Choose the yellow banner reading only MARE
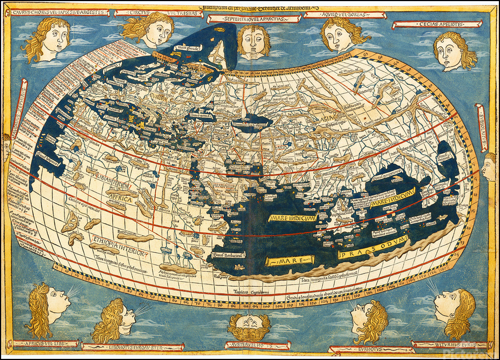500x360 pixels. (x=282, y=260)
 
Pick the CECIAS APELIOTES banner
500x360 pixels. (x=436, y=24)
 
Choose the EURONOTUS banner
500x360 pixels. (x=371, y=349)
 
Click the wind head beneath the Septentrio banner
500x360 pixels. (x=253, y=42)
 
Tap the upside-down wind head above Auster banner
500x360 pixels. (x=248, y=326)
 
